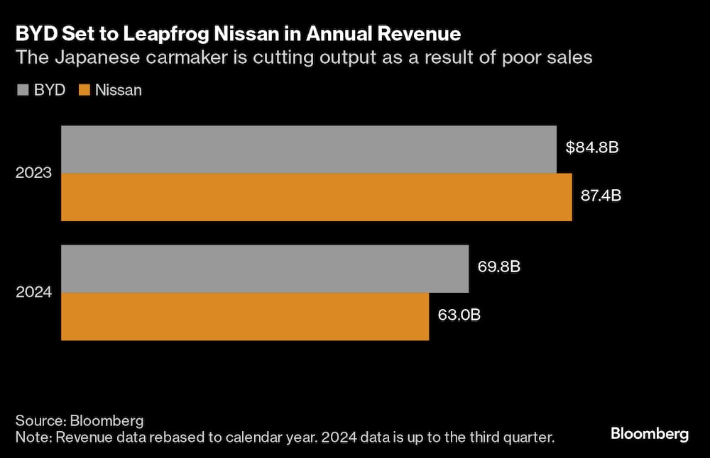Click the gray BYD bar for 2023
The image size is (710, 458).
point(308,150)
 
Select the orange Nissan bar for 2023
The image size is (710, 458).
point(316,197)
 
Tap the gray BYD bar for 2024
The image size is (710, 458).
point(264,269)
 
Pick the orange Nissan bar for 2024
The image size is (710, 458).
point(244,316)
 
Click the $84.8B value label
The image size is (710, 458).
point(593,148)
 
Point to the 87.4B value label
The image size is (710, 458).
point(601,196)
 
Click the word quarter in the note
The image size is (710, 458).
point(524,437)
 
